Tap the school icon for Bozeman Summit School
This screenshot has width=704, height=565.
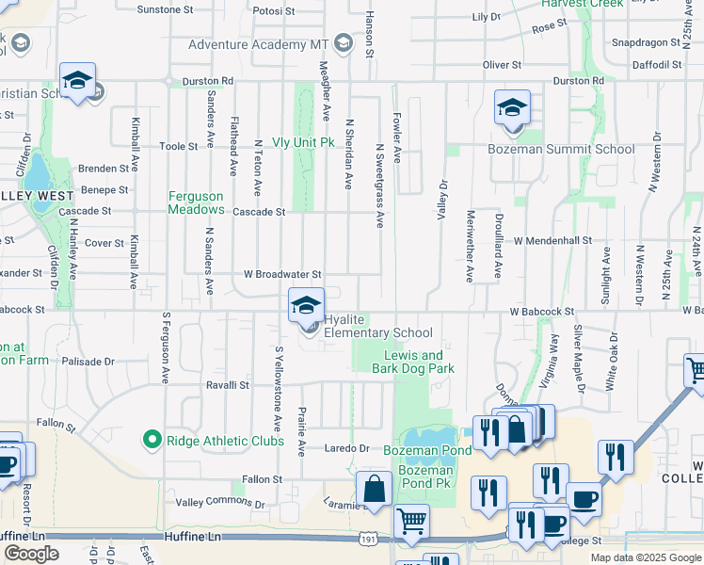512,107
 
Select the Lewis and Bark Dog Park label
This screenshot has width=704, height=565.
412,362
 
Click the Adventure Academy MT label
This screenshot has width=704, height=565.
260,44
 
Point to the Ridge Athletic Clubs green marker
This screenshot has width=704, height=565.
150,440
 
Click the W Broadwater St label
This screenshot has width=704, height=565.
283,274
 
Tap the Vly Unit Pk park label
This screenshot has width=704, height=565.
303,142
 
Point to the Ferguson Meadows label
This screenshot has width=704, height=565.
196,202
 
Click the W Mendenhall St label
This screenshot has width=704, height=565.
552,240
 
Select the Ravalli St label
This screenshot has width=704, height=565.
228,385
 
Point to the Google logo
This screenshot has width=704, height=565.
32,554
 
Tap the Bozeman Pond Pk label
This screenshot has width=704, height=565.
425,483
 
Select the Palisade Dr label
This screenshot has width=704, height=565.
88,361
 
